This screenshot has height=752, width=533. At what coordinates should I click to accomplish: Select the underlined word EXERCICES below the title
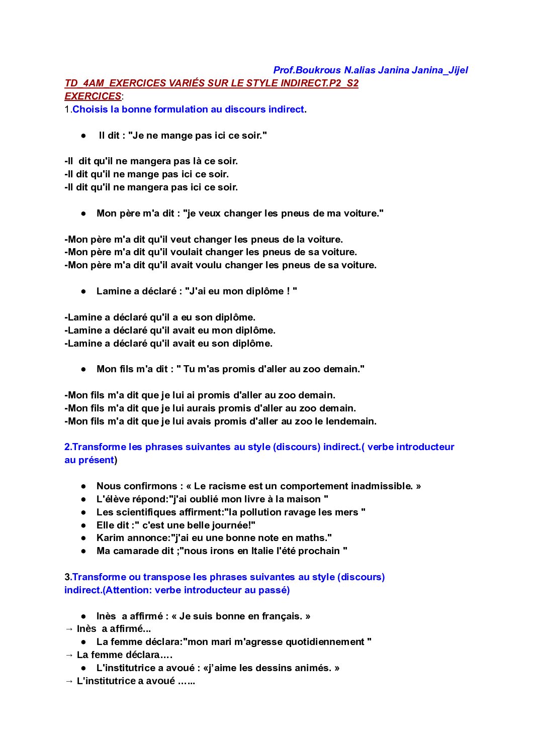[93, 96]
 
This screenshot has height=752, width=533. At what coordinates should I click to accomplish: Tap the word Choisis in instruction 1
[90, 110]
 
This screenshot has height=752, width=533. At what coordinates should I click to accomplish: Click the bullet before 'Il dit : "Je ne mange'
[83, 136]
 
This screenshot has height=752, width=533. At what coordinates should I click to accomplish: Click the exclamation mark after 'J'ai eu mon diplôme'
[288, 291]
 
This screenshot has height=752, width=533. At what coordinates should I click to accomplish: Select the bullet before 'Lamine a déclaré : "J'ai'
[83, 291]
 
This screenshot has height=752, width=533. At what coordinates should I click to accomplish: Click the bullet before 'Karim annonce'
[83, 538]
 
